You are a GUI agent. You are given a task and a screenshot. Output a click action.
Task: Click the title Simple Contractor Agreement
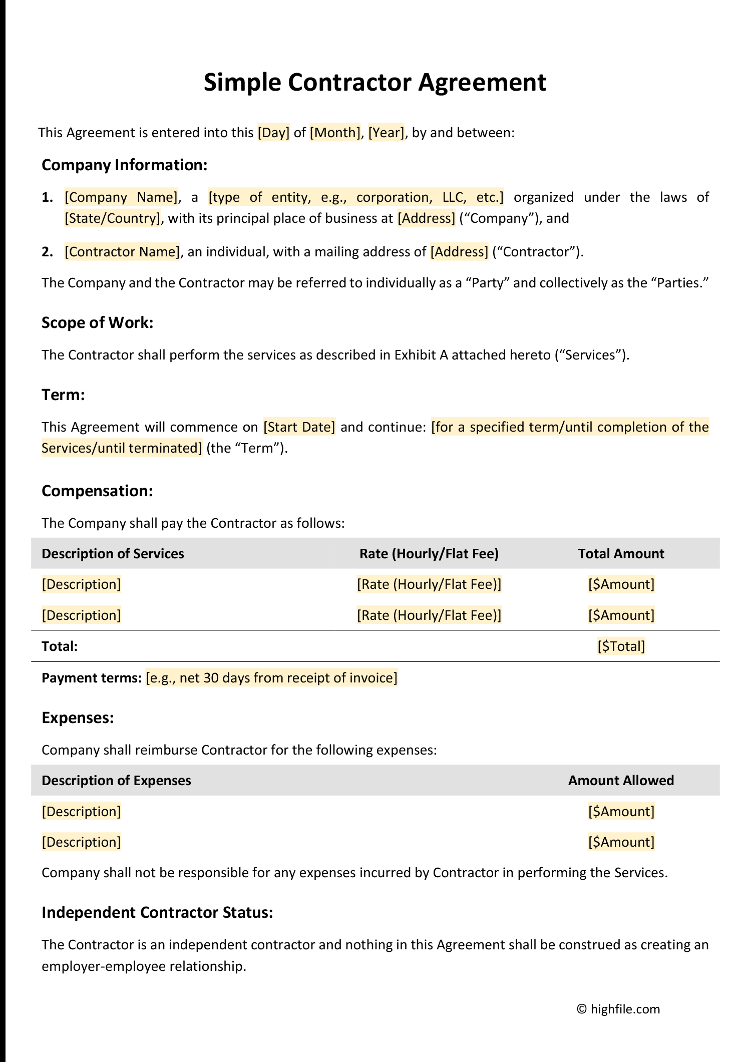click(374, 83)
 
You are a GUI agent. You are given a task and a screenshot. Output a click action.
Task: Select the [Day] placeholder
click(273, 133)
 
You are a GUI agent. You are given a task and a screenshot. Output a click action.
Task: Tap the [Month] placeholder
click(335, 133)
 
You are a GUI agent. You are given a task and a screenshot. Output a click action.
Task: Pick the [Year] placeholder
click(386, 133)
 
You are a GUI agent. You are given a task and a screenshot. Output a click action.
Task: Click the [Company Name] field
click(121, 197)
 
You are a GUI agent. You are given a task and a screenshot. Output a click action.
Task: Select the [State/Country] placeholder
click(113, 218)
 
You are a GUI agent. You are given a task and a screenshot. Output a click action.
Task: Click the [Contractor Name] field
click(122, 251)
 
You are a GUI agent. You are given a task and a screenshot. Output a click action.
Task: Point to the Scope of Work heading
click(97, 322)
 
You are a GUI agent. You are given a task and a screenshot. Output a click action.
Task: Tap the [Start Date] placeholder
click(299, 427)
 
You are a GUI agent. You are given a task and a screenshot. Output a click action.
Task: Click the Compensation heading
click(97, 491)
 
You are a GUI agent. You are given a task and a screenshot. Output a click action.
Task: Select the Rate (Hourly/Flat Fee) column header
click(429, 554)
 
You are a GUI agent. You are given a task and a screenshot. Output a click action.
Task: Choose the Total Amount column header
click(621, 554)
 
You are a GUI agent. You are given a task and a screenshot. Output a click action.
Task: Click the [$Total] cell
click(621, 646)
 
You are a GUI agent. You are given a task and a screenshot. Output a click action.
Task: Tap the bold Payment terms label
click(92, 678)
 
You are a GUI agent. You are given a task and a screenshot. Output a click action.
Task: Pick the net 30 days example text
click(271, 678)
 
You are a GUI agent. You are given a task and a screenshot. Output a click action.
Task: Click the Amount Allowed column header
click(621, 781)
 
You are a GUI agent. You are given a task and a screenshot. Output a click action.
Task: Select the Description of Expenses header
click(116, 781)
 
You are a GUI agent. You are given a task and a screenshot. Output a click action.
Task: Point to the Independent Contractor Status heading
click(157, 912)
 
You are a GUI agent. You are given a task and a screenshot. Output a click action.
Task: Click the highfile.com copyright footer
click(619, 1009)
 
